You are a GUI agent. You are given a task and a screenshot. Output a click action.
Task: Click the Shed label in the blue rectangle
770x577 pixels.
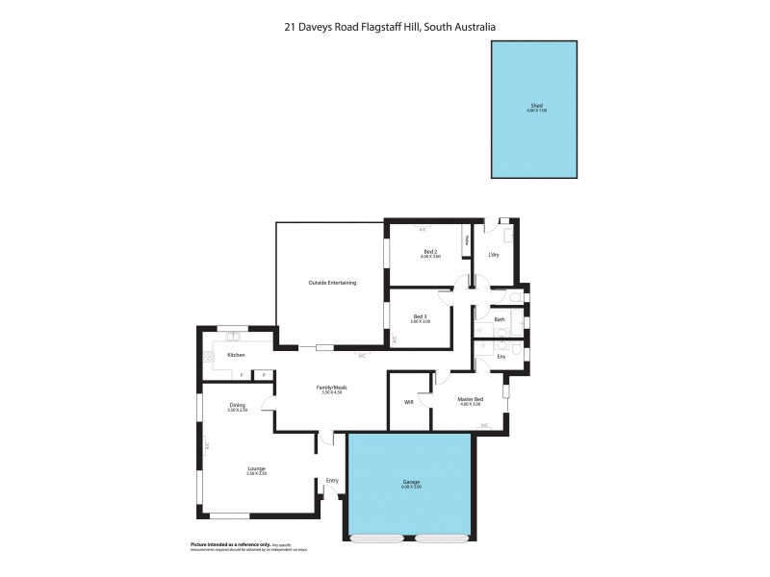tap(536, 106)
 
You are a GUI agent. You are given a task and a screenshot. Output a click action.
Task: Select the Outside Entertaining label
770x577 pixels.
tap(332, 283)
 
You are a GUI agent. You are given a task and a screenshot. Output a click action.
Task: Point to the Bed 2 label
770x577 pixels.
tap(430, 251)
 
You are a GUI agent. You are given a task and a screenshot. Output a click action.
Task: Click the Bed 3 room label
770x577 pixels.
tap(420, 316)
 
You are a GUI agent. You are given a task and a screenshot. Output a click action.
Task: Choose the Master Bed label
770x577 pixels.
tap(470, 399)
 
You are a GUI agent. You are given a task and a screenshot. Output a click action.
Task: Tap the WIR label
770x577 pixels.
tap(409, 402)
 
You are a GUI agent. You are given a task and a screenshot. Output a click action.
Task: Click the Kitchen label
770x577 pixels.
tap(236, 355)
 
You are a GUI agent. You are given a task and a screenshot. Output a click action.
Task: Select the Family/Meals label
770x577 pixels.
tap(331, 388)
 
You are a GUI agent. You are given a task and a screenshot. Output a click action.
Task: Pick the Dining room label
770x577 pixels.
tap(237, 405)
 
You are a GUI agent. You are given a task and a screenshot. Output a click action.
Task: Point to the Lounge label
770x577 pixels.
tap(256, 468)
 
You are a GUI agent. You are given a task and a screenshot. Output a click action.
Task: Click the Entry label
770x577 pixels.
tap(332, 481)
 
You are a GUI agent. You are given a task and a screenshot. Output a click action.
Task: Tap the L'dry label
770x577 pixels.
tap(494, 255)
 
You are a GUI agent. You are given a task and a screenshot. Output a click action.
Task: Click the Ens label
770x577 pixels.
tap(500, 356)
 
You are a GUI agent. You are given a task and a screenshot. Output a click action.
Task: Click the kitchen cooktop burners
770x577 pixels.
tap(209, 357)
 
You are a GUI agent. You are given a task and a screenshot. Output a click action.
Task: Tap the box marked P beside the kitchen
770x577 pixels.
tap(262, 374)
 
